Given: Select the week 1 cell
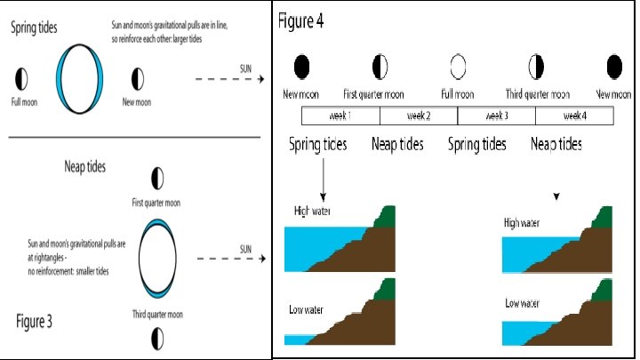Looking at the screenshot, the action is (x=340, y=116).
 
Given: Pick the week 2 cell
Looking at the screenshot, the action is (x=418, y=116).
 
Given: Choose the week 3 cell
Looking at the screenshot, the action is (x=496, y=116).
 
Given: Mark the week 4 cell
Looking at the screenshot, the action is (x=573, y=116).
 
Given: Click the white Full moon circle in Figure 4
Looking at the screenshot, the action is (x=459, y=66).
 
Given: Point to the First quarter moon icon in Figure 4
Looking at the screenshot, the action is (x=380, y=66).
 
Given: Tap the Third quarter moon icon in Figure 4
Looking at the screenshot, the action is (x=536, y=66).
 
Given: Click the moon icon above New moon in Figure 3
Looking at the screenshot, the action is (x=136, y=77).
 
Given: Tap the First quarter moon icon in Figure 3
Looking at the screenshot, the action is (x=158, y=179).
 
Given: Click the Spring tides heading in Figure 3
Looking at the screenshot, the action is (x=34, y=28).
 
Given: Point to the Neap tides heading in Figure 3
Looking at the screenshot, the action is (x=85, y=165).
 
